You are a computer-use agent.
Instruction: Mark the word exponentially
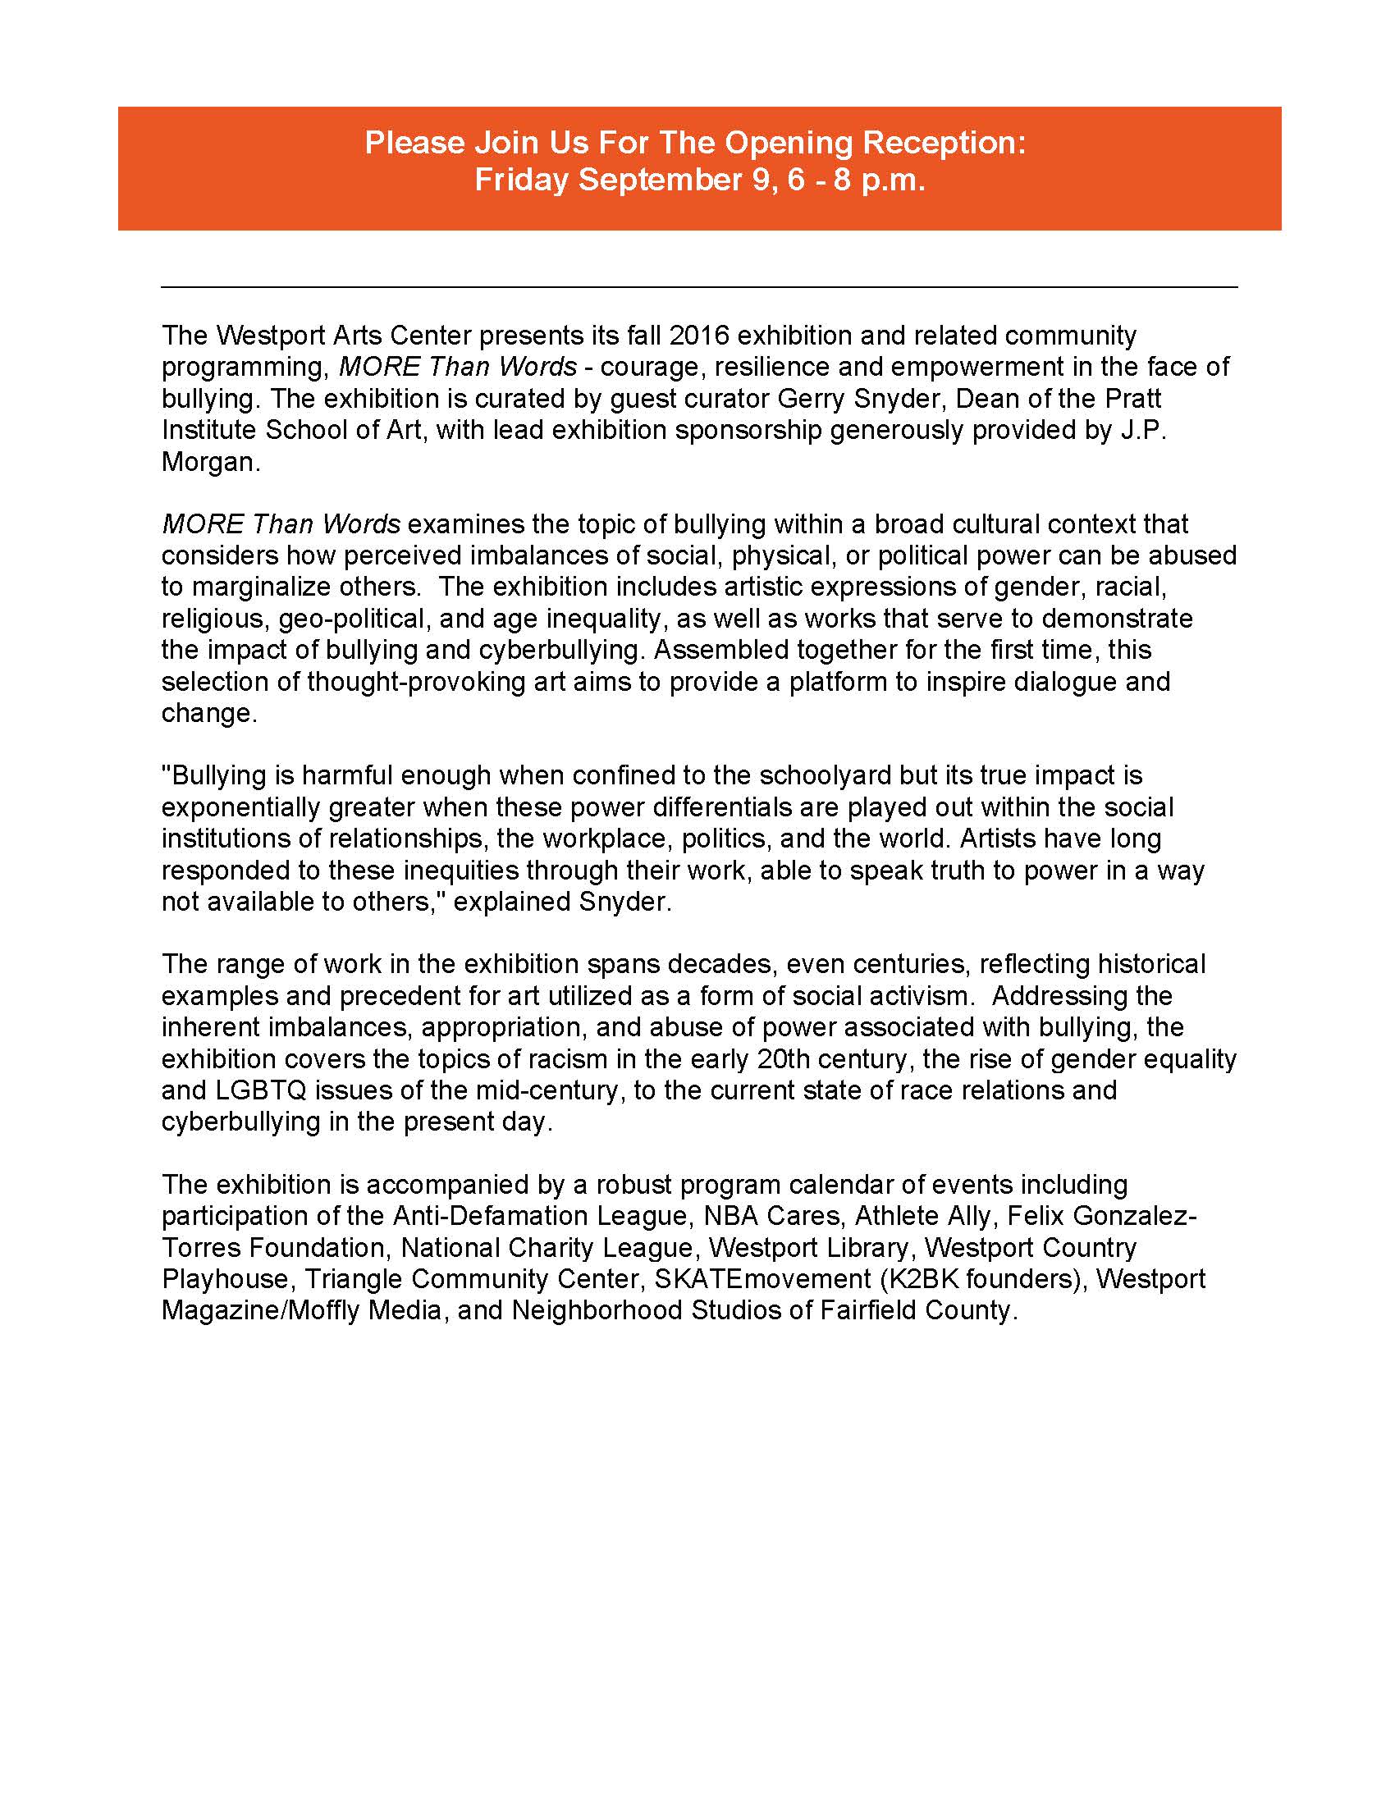pos(240,807)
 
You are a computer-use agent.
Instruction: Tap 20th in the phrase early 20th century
pos(788,1058)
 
